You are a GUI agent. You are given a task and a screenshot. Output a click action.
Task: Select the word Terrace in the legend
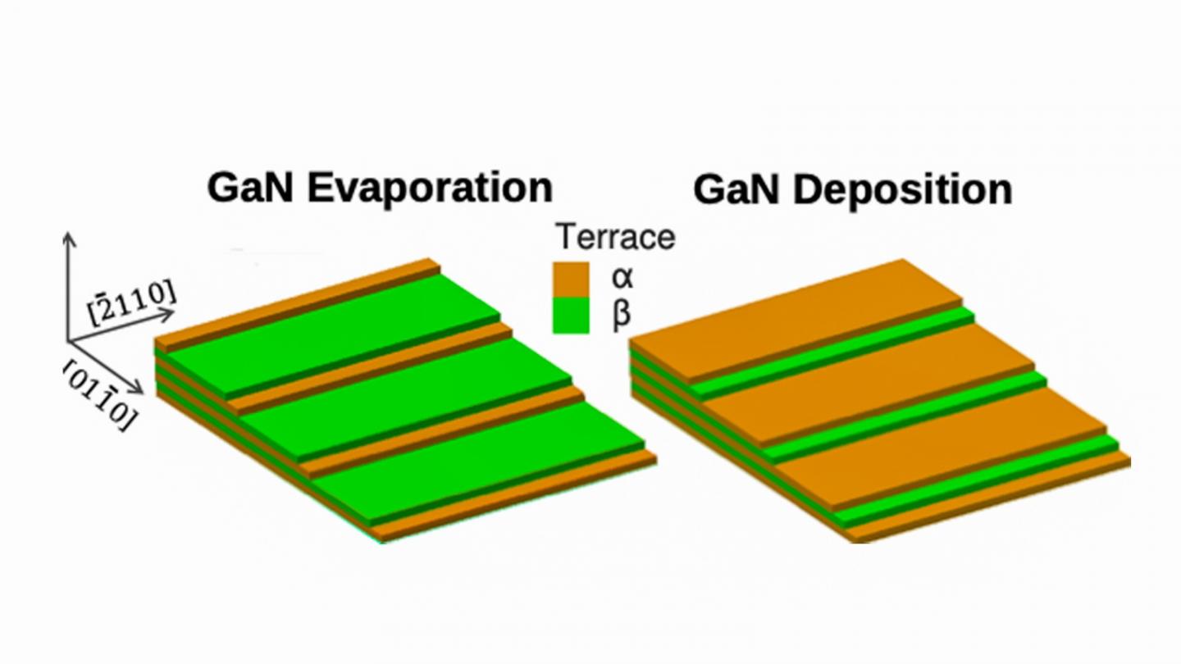[x=615, y=237]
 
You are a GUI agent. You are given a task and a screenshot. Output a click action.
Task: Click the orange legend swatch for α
[x=571, y=280]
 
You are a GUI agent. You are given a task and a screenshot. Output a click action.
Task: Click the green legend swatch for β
[x=571, y=316]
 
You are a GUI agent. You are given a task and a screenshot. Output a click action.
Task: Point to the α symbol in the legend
[x=622, y=276]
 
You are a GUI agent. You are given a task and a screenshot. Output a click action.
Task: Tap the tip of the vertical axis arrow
[x=69, y=234]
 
